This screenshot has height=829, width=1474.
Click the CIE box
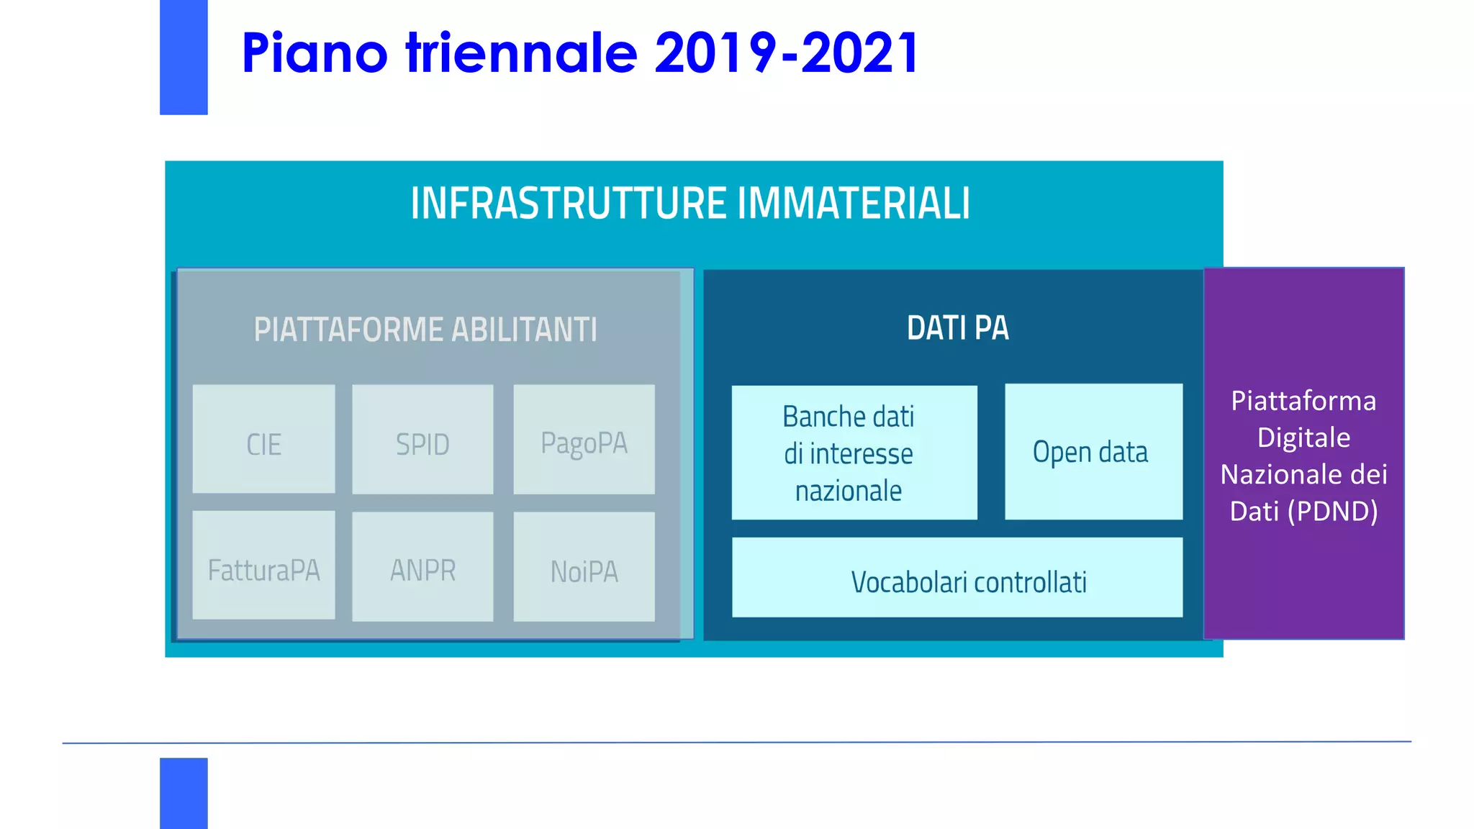263,439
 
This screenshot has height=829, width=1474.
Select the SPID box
422,439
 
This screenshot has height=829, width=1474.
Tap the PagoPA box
584,439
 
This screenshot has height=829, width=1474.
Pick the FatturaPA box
263,566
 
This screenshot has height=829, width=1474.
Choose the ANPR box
422,567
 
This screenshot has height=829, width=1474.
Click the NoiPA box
584,567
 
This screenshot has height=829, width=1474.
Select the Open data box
1093,452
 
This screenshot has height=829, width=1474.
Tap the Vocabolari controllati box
957,578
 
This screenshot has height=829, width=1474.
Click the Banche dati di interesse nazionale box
854,453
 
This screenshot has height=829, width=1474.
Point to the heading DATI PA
957,328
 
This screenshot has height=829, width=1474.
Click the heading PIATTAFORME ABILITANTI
425,330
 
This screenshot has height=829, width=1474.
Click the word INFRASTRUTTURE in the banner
569,204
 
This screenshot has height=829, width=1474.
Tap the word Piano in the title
315,53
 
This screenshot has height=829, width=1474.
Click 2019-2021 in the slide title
786,53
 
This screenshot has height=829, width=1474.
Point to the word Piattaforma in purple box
1303,401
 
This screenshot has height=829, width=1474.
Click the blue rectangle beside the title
184,58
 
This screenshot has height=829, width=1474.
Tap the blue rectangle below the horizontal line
184,792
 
